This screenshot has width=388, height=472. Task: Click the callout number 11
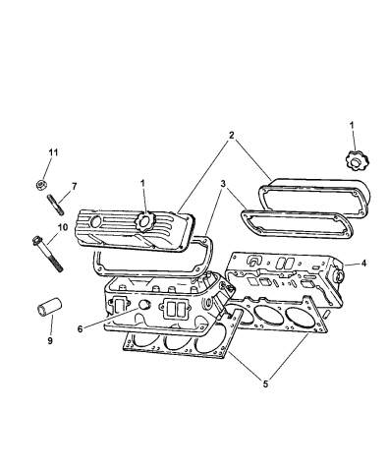pos(53,152)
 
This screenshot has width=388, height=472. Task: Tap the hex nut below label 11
pos(40,185)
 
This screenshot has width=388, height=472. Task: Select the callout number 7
pos(74,187)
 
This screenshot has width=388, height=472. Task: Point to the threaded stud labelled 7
pos(55,205)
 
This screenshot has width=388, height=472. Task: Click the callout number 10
pos(63,227)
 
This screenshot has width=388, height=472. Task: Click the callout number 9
pos(50,341)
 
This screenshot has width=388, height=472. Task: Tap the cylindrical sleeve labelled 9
pos(49,306)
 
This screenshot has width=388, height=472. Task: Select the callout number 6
pos(81,329)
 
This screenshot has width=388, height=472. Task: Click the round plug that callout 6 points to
pos(144,304)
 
